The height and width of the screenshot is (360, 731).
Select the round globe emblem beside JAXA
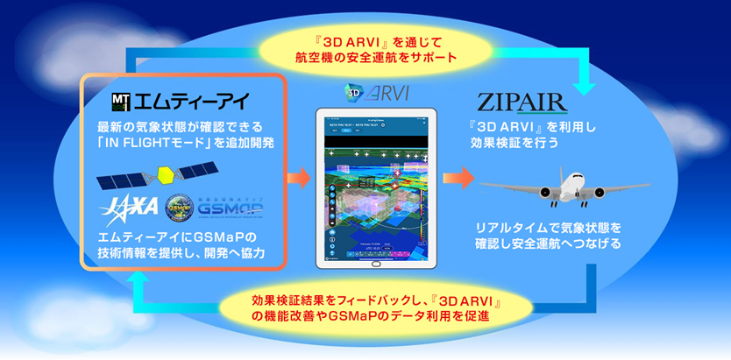[x=182, y=209]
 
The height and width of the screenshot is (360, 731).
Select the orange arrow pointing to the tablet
[x=296, y=180]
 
